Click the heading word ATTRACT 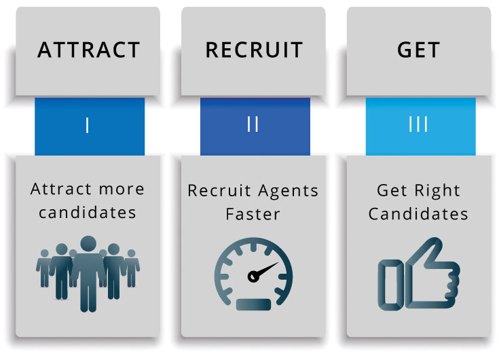88,50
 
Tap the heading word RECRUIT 254,50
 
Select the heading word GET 418,50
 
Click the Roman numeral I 87,126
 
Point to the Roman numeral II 253,124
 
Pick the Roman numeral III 418,124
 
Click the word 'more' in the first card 122,190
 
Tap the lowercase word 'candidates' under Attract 88,213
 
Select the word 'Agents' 288,192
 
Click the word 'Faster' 253,214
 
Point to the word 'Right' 438,191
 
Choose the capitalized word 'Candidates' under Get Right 418,214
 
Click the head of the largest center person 88,244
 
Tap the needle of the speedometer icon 264,270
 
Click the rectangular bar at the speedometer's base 253,304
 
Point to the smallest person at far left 44,268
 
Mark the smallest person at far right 132,268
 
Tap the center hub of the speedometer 253,276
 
